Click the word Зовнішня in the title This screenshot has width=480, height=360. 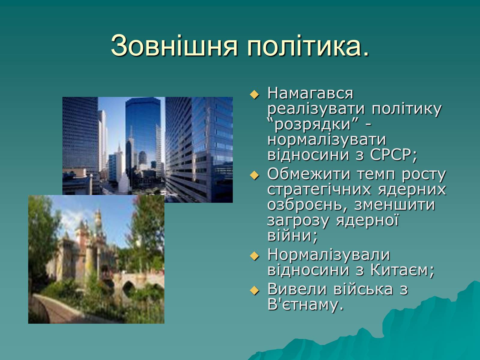coord(174,46)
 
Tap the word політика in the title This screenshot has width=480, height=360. coord(304,46)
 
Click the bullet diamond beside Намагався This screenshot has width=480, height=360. coord(254,94)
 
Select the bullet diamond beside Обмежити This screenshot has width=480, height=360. coord(254,175)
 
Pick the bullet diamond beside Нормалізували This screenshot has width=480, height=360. coord(254,256)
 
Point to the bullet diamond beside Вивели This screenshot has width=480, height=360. coord(254,291)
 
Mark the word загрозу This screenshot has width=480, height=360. coord(298,221)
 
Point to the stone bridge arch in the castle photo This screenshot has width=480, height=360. coord(129,286)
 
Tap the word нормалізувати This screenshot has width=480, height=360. coord(327,140)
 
